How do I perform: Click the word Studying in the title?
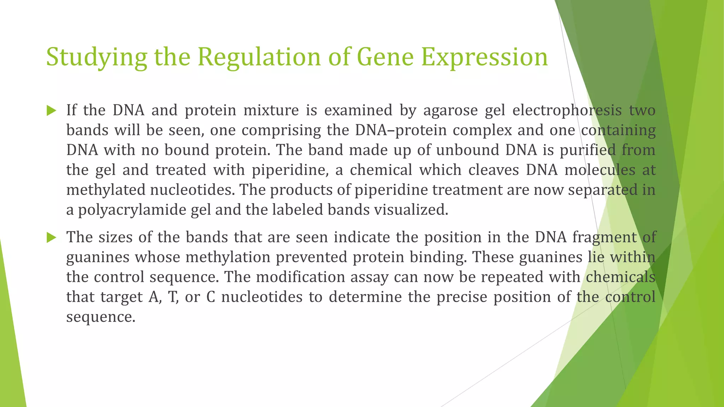point(96,57)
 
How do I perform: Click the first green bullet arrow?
point(52,111)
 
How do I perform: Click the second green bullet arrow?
point(52,237)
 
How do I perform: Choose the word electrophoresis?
point(567,111)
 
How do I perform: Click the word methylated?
point(106,190)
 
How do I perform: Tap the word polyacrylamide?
point(131,210)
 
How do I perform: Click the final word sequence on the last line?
point(100,317)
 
